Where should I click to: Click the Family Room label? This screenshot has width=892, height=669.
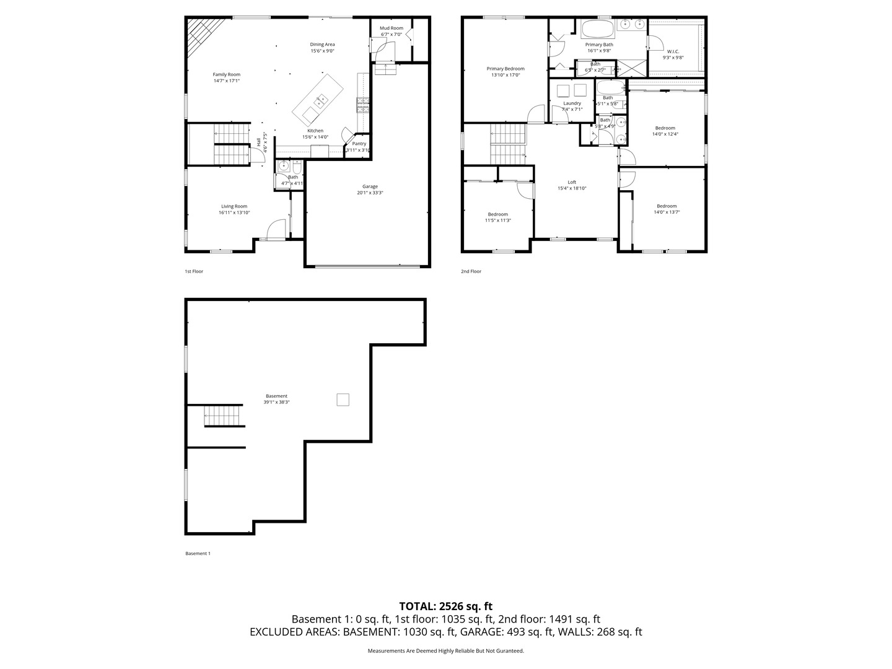(226, 74)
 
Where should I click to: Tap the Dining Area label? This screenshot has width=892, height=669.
(322, 45)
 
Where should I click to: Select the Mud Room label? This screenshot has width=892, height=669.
(391, 28)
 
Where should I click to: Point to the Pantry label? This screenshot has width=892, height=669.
(359, 144)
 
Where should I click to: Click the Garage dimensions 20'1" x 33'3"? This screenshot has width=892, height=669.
(370, 193)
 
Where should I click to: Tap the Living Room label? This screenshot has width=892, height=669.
(234, 206)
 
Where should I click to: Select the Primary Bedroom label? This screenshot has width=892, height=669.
(505, 69)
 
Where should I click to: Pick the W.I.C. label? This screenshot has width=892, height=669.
(673, 51)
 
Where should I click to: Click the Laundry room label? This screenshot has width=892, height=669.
(572, 103)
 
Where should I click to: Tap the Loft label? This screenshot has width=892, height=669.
(572, 182)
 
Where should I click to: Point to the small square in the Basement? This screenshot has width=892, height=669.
(343, 400)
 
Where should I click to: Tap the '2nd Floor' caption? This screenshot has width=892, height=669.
(471, 271)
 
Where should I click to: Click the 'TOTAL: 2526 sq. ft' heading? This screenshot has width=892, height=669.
(445, 606)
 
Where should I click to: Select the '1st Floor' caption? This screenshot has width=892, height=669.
(194, 271)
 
